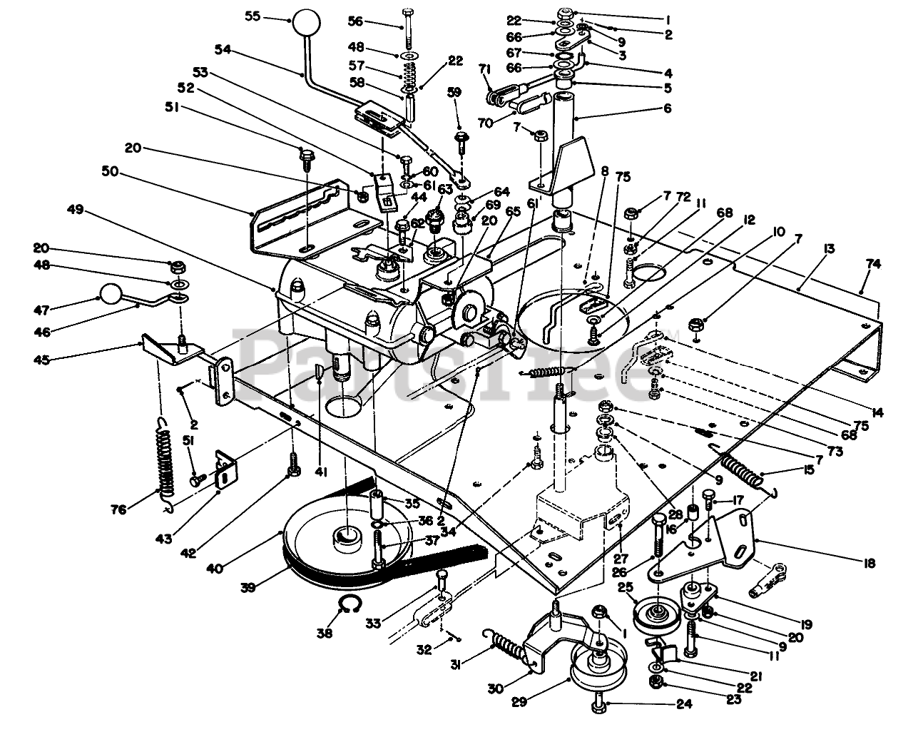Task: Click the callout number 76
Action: [118, 510]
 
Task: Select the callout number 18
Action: [868, 564]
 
